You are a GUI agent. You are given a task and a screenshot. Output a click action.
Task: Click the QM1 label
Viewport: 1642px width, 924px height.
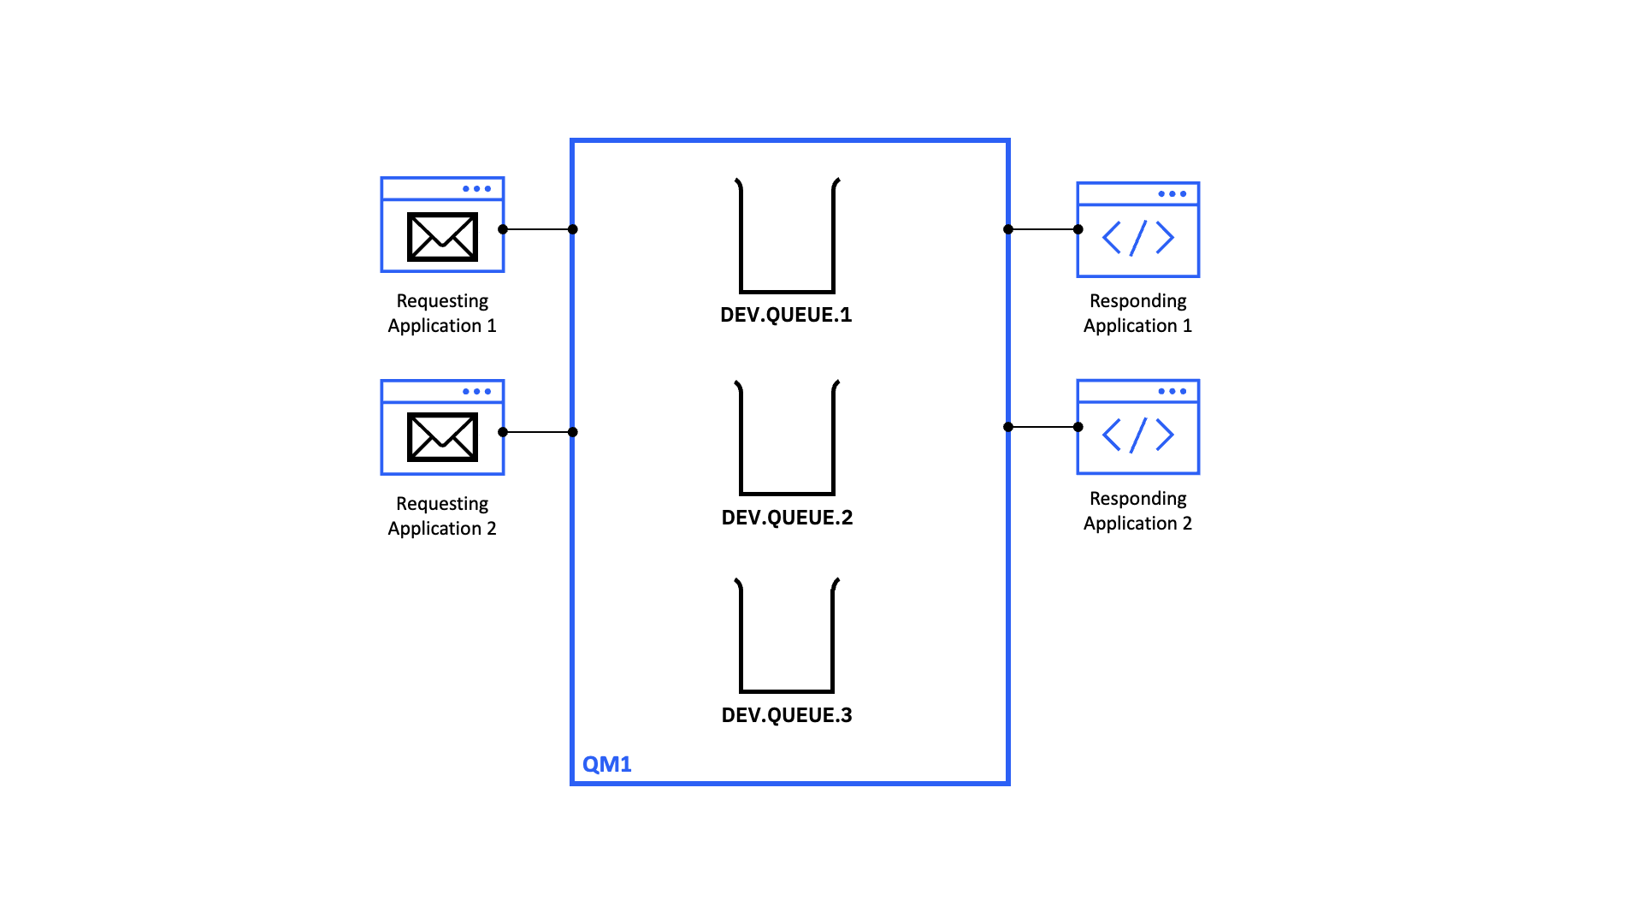(606, 764)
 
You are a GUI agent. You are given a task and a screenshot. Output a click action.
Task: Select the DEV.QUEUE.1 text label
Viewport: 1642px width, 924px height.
(786, 315)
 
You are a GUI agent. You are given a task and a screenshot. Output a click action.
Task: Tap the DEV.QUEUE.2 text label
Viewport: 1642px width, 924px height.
(787, 518)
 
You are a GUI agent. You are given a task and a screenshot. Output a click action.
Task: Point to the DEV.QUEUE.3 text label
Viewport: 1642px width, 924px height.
(787, 715)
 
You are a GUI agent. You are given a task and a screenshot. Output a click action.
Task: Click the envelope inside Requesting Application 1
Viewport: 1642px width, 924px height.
(442, 237)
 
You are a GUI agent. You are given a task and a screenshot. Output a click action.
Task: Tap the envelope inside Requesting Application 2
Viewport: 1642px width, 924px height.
(442, 437)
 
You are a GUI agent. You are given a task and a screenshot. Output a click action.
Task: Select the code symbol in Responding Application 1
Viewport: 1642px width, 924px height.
(1137, 238)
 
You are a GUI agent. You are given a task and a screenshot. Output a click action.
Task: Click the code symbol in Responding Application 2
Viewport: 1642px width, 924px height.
(1137, 435)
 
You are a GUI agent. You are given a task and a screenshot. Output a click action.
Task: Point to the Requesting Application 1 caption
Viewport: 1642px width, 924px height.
(442, 313)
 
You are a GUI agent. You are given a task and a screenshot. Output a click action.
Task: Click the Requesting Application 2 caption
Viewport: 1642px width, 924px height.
(442, 516)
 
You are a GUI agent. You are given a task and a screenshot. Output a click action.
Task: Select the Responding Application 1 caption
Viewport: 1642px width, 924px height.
(1137, 313)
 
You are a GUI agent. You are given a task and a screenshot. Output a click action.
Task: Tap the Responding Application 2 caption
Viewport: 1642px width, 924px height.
(1137, 511)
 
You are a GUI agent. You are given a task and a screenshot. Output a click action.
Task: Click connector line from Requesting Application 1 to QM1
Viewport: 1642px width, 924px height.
(538, 229)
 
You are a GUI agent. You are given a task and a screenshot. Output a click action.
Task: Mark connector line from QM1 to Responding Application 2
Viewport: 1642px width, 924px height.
(1043, 427)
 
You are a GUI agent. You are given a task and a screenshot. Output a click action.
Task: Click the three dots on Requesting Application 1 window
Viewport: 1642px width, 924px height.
(476, 189)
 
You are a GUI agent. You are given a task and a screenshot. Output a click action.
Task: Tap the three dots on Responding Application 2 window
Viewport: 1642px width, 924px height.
(1172, 391)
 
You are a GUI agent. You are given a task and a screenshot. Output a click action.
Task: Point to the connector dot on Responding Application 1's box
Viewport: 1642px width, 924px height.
(1078, 229)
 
